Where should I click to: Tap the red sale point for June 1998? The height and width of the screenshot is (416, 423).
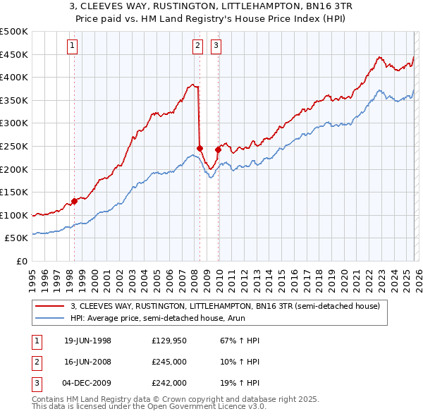click(x=75, y=201)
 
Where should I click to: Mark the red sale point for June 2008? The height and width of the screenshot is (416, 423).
click(x=200, y=148)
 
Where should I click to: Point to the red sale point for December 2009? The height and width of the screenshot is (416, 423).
click(x=218, y=149)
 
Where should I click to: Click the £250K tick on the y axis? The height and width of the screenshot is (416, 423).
click(x=14, y=146)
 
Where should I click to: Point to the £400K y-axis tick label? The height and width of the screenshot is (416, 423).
click(x=14, y=77)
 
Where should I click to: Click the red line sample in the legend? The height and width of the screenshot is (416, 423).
click(x=51, y=306)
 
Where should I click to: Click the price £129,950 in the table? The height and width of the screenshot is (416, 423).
click(x=169, y=341)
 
